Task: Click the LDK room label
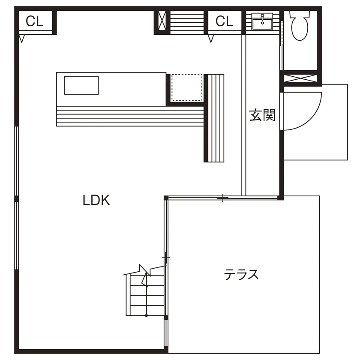pos(96,200)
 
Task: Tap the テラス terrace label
pos(241,274)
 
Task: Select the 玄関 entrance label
pos(262,115)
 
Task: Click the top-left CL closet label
pos(34,21)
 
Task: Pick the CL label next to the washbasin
pos(224,21)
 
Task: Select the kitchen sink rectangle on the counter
pos(81,85)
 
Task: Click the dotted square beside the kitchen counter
pos(187,87)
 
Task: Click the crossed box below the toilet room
pos(300,78)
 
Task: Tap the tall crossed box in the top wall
pos(162,21)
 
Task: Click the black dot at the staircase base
pos(146,316)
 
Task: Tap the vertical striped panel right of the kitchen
pos(216,118)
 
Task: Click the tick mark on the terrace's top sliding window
pos(223,198)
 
